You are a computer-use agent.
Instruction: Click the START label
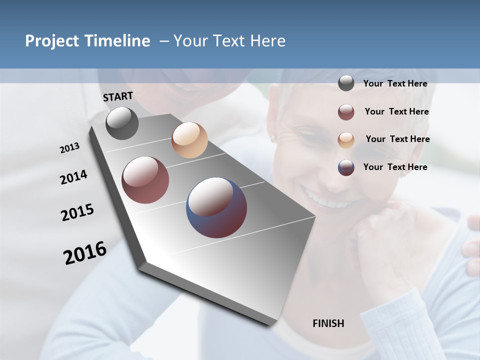tap(118, 96)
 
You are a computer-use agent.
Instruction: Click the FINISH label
tap(328, 323)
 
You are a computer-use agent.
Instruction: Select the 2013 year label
tap(69, 148)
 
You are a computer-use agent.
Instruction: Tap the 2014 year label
tap(73, 177)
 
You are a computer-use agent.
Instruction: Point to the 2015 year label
tap(77, 212)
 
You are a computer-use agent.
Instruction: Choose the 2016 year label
tap(85, 253)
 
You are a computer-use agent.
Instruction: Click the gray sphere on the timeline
tap(122, 123)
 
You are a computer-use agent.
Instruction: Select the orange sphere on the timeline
tap(189, 140)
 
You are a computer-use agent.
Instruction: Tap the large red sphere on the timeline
tap(145, 180)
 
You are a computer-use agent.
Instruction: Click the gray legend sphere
tap(346, 83)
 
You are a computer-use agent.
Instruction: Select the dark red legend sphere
tap(346, 112)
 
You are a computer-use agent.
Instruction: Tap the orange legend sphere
tap(346, 140)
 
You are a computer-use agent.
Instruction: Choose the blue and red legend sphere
tap(346, 167)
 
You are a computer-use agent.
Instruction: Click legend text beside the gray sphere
tap(395, 84)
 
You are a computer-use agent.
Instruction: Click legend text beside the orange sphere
tap(397, 139)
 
